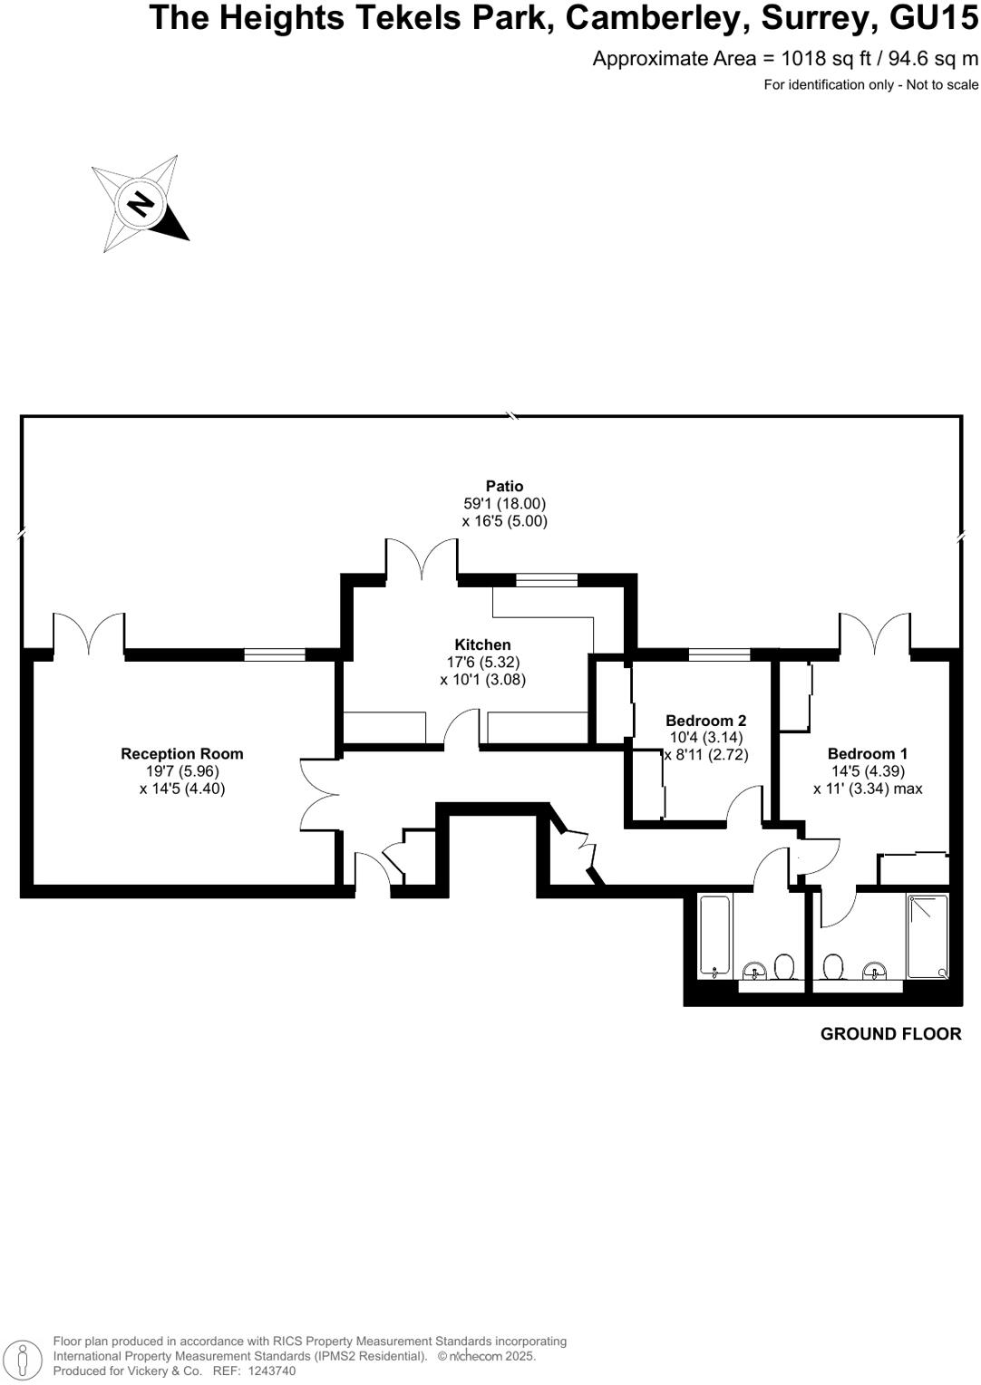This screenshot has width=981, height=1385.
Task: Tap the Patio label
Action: point(504,487)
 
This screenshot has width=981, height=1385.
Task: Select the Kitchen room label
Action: point(482,644)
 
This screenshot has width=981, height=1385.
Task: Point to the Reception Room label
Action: point(182,753)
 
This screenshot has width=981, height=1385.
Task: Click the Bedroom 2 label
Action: point(705,721)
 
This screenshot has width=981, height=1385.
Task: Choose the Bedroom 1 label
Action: point(867,753)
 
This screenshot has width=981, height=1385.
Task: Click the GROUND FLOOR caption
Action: point(890,1033)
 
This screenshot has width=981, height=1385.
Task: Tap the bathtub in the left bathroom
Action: point(714,936)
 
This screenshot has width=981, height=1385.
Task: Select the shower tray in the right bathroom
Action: point(927,935)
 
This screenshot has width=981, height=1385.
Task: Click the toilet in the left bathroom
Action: point(785,968)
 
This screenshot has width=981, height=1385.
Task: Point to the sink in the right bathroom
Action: point(874,970)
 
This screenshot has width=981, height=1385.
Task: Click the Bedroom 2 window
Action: point(719,654)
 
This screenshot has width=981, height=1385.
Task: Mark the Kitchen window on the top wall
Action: point(547,580)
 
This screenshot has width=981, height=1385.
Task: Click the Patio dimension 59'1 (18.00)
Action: point(504,504)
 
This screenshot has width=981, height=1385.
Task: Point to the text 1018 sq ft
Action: point(826,59)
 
